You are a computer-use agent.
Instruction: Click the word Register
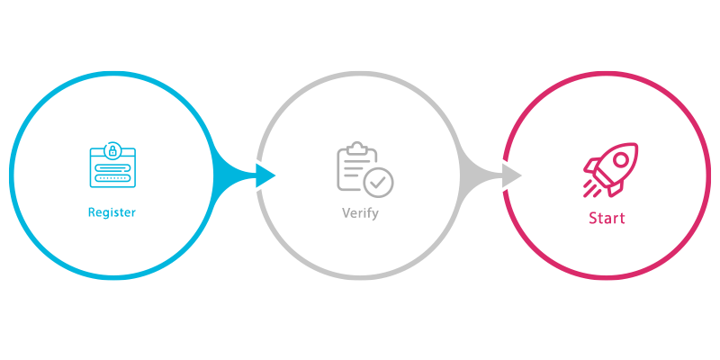(112, 213)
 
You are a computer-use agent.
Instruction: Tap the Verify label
(360, 214)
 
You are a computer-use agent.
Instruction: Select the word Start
(607, 218)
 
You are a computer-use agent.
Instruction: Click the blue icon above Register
(112, 165)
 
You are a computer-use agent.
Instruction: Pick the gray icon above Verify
(364, 168)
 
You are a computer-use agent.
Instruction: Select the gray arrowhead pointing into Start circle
(510, 175)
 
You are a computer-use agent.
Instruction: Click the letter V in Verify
(346, 214)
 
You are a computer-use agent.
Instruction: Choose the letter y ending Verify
(375, 216)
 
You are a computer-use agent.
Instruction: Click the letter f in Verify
(368, 214)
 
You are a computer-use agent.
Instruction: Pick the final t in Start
(622, 218)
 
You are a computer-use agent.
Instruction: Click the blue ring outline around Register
(112, 72)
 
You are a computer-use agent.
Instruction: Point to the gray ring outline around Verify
(360, 73)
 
